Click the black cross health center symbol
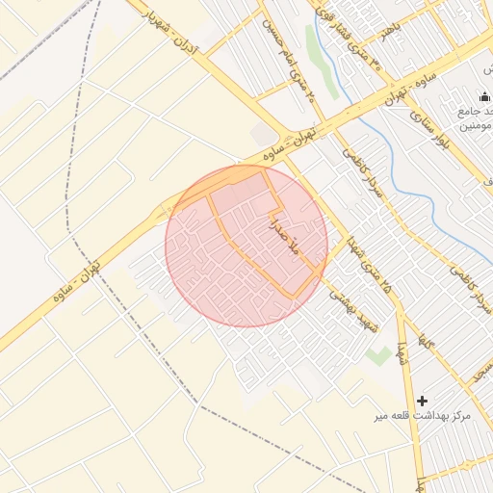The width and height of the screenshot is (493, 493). (422, 400)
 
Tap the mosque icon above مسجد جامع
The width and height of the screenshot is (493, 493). (484, 96)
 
